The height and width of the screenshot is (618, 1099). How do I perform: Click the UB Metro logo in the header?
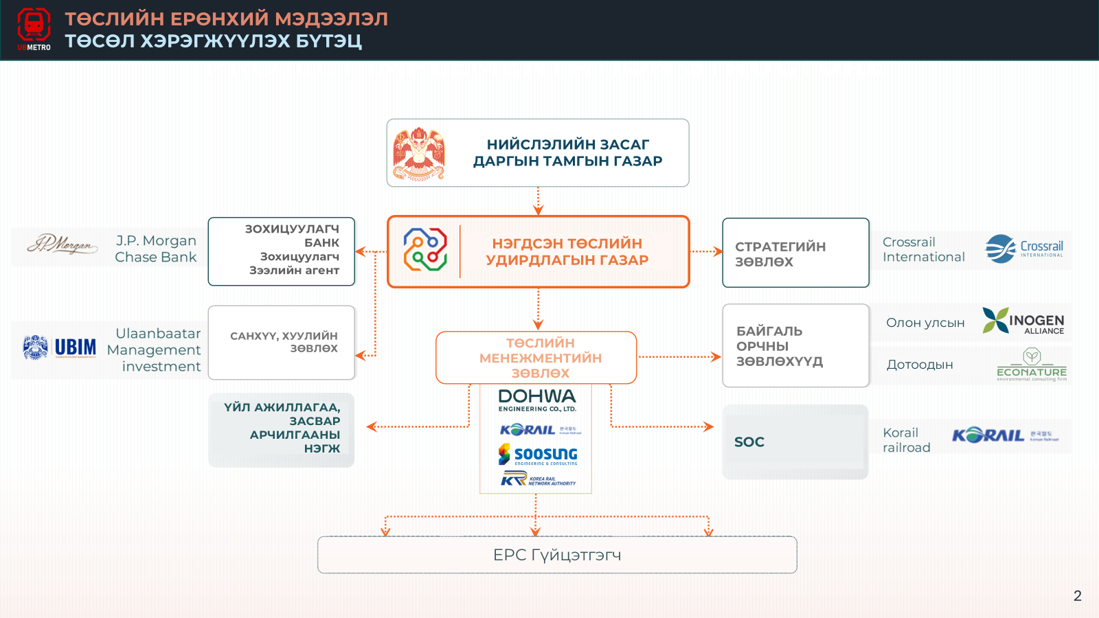pos(34,29)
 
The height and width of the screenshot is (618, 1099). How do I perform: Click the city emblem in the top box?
pos(418,153)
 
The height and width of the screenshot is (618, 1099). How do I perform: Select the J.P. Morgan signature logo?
pos(63,244)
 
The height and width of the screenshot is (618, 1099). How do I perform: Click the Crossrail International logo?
pos(1024,249)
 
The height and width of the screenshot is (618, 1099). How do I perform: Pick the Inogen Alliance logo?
pos(1023,321)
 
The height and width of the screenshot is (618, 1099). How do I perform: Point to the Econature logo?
pos(1032,365)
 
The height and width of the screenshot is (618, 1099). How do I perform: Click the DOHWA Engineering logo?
pos(537,400)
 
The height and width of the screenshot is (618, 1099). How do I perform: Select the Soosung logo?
pos(538,455)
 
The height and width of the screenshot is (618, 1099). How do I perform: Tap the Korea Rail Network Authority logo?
pos(538,479)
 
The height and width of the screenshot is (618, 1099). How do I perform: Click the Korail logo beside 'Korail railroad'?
pos(1005,435)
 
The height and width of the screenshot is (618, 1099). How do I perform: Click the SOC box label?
pos(749,442)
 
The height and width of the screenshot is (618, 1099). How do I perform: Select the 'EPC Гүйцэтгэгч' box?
pos(557,555)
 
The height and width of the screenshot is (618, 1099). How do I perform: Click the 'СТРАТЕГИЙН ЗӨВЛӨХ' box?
pos(795,253)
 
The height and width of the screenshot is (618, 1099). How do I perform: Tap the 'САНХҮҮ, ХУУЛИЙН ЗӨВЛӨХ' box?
pos(282,342)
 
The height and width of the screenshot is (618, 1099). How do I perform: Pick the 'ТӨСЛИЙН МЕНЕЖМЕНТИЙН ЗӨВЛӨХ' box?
pos(536,358)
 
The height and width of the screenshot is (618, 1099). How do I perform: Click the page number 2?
pos(1077,596)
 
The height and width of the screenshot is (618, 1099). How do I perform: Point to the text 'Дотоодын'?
pos(920,365)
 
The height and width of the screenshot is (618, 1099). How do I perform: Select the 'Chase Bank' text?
pos(155,257)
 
